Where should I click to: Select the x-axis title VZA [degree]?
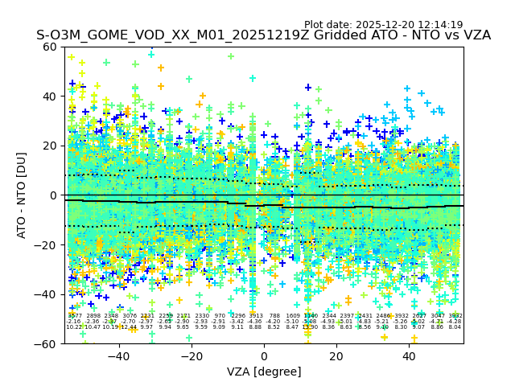(264, 372)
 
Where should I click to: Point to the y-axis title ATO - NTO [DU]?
(23, 195)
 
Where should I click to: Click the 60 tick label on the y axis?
(50, 47)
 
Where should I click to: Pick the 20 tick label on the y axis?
(50, 146)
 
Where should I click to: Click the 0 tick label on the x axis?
(264, 355)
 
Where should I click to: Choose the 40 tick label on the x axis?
(410, 355)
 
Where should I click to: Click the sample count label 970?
(220, 316)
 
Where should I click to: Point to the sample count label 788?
(274, 316)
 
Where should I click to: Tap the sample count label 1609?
(293, 316)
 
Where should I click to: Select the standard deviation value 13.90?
(311, 327)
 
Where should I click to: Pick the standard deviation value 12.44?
(129, 327)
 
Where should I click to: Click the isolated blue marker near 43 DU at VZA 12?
(307, 87)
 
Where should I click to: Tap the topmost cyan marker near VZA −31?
(150, 54)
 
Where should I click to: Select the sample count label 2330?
(201, 316)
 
